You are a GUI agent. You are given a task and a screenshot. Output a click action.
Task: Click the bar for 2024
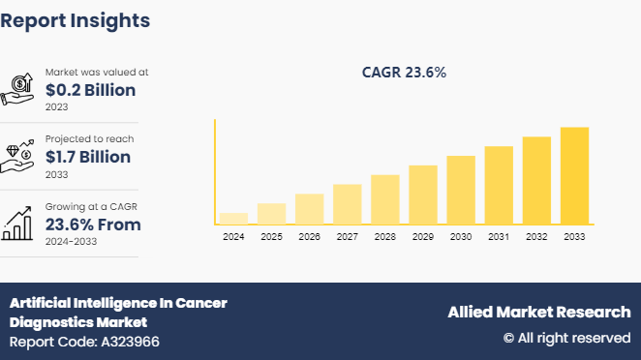click(x=233, y=219)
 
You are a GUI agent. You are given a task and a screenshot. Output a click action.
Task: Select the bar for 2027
click(x=347, y=204)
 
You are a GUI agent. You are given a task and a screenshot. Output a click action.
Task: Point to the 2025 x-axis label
click(x=271, y=237)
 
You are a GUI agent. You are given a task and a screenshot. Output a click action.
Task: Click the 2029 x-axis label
click(x=422, y=237)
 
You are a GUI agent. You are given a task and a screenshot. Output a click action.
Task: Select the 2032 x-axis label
click(x=536, y=237)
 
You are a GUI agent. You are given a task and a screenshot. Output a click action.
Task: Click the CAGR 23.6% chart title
click(x=404, y=73)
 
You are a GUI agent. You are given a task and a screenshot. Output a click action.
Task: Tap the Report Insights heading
click(x=76, y=19)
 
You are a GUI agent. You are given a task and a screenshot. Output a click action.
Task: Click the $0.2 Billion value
click(x=93, y=89)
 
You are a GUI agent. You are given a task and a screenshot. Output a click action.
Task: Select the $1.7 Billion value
click(x=91, y=156)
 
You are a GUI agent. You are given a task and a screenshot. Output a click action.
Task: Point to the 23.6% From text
click(x=93, y=225)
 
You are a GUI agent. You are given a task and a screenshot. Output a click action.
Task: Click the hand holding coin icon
click(x=19, y=89)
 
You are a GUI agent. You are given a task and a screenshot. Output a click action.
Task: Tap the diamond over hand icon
click(x=19, y=156)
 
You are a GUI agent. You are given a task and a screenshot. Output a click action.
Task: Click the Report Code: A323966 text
click(x=85, y=342)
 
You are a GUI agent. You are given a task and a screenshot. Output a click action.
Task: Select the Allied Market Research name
click(x=538, y=312)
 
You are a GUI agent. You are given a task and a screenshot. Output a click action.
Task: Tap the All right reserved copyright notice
click(x=566, y=338)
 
